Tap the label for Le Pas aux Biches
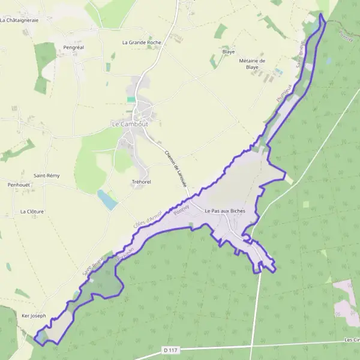tap(225, 211)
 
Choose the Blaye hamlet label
tap(228, 52)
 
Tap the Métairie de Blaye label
tap(252, 64)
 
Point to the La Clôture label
tap(32, 211)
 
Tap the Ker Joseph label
tap(34, 316)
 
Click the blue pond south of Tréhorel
tap(107, 200)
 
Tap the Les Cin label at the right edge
tap(352, 340)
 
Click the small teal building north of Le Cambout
tap(131, 99)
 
